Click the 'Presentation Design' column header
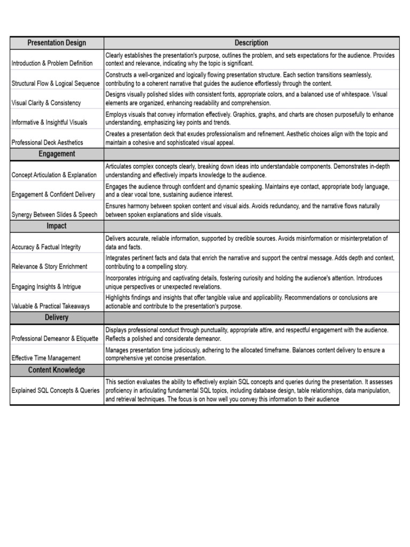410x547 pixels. point(57,43)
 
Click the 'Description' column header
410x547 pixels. point(251,43)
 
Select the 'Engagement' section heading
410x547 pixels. point(57,154)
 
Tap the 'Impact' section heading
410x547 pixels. point(57,226)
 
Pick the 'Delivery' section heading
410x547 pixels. point(57,317)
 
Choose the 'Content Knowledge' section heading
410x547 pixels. point(57,370)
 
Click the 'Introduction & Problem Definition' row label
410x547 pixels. point(52,64)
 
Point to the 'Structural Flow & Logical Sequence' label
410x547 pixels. point(56,83)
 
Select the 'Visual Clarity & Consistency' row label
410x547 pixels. point(46,103)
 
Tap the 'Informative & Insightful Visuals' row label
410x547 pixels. point(49,122)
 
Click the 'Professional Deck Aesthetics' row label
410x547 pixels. point(47,143)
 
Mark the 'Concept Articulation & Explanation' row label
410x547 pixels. point(54,175)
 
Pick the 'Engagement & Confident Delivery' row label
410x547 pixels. point(53,194)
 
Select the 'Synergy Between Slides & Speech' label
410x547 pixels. point(54,215)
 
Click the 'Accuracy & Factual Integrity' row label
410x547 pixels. point(46,247)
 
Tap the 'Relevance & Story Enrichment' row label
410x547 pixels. point(49,267)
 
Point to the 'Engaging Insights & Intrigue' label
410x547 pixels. point(46,286)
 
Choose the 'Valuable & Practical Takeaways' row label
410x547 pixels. point(51,306)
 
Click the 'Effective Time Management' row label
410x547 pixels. point(46,358)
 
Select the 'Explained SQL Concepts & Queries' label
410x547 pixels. point(56,390)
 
